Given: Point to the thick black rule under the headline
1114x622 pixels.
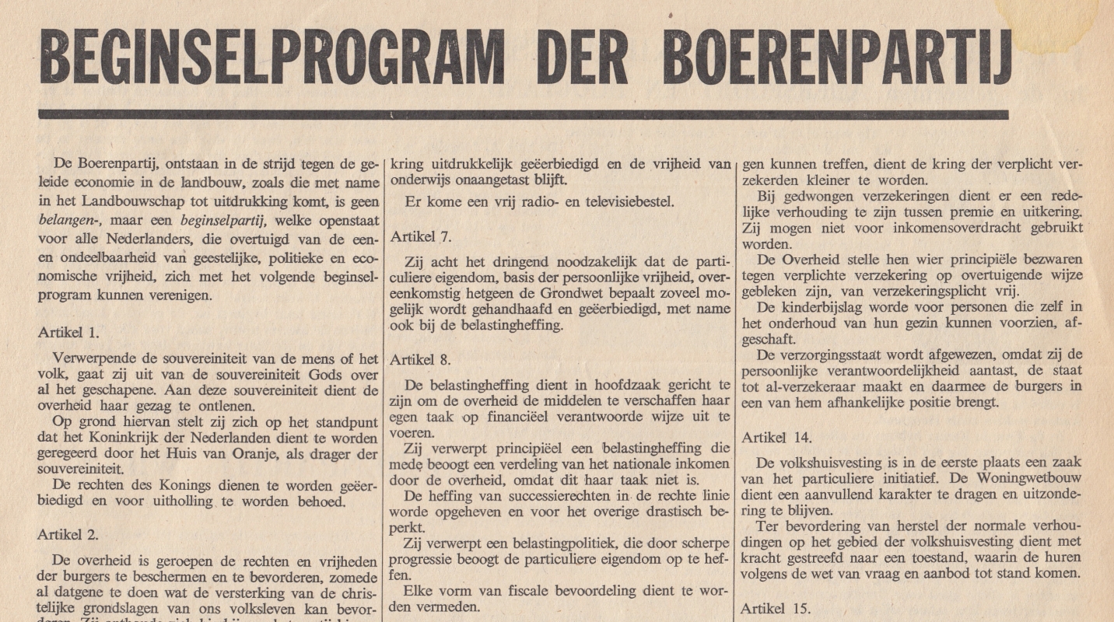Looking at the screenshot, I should point(523,114).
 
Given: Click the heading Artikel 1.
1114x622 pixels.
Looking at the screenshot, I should point(68,333).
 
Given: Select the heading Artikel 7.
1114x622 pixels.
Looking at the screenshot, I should point(421,236).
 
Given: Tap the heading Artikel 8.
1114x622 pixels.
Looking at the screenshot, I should point(421,360).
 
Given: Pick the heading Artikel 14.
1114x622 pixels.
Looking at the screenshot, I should point(776,438).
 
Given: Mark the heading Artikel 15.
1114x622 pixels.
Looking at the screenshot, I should point(776,608).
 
